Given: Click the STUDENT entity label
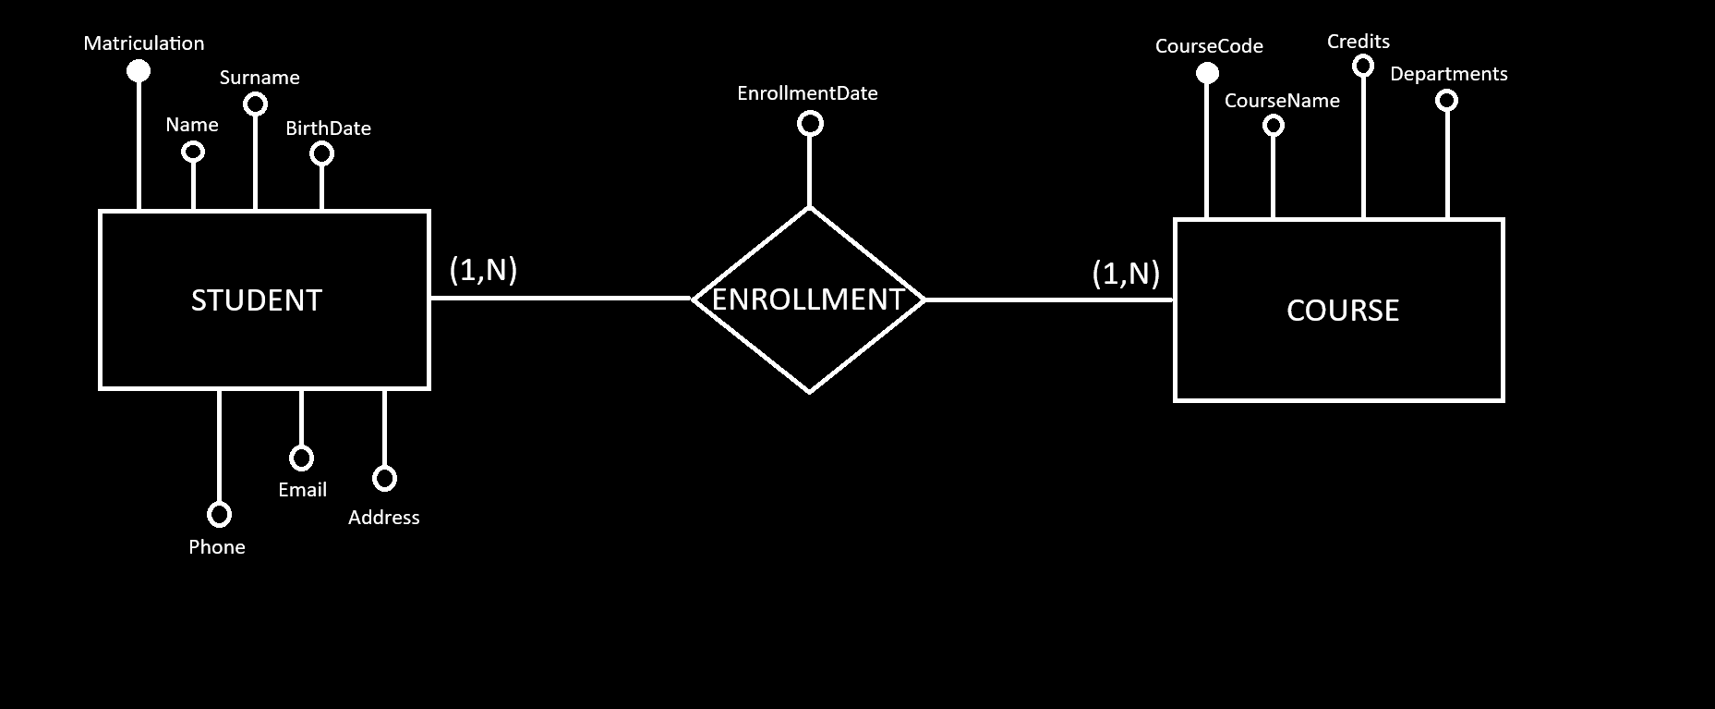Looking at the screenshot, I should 257,300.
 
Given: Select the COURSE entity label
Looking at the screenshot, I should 1342,310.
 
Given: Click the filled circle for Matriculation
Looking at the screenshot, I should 139,70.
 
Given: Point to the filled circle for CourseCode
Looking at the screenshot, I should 1207,73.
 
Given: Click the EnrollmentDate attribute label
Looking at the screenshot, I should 807,93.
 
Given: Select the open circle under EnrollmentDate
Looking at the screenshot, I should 810,123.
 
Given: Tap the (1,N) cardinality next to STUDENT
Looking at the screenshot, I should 483,269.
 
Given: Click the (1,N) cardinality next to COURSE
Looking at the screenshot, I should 1126,273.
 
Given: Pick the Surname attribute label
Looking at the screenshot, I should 260,78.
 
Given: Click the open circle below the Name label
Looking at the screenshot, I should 193,151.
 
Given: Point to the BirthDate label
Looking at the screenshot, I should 328,128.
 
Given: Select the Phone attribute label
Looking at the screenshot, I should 217,547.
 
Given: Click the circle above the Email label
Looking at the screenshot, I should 301,458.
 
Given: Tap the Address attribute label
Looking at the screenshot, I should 383,518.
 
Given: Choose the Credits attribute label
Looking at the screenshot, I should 1358,42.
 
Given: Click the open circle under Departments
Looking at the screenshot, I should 1446,100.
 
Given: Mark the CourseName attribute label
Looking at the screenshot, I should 1282,101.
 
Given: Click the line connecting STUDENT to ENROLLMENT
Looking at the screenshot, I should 561,298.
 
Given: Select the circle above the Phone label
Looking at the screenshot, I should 219,514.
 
